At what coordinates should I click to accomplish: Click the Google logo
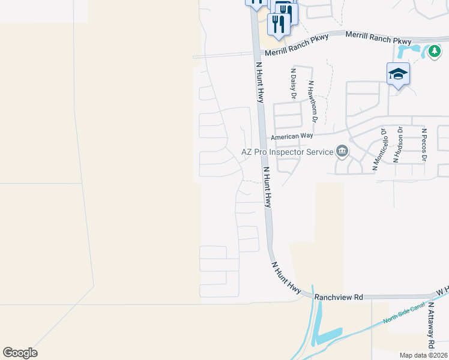tap(20, 353)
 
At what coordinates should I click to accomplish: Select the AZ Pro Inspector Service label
tap(287, 152)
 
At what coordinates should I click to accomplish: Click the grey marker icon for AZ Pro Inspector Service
tap(342, 151)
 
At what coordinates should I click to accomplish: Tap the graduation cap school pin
tap(398, 74)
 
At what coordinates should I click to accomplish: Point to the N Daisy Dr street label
tap(294, 82)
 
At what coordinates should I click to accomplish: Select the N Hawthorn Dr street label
tap(311, 97)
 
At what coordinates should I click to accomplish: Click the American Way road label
tap(292, 137)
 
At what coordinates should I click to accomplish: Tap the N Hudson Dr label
tap(397, 145)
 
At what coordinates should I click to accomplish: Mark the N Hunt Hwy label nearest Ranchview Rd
tap(286, 277)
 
